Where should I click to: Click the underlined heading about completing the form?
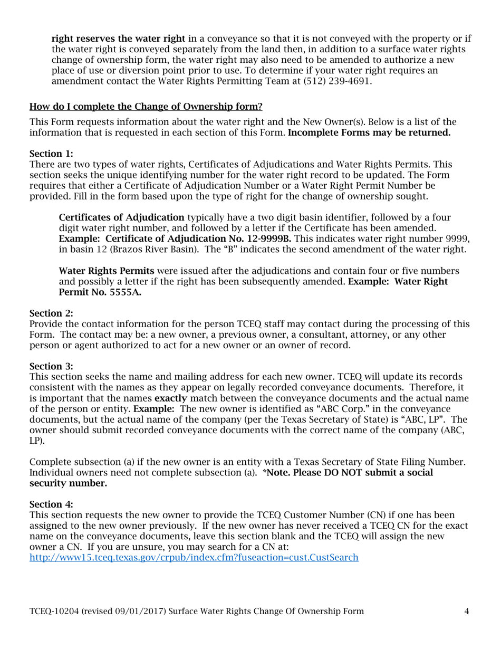click(x=146, y=107)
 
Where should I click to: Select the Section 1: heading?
click(x=51, y=154)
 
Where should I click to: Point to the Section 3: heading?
click(x=51, y=366)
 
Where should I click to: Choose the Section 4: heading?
click(x=51, y=504)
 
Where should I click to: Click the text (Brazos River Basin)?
click(x=150, y=250)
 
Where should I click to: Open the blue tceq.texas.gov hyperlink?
click(x=194, y=557)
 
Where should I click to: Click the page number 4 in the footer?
click(x=467, y=612)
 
